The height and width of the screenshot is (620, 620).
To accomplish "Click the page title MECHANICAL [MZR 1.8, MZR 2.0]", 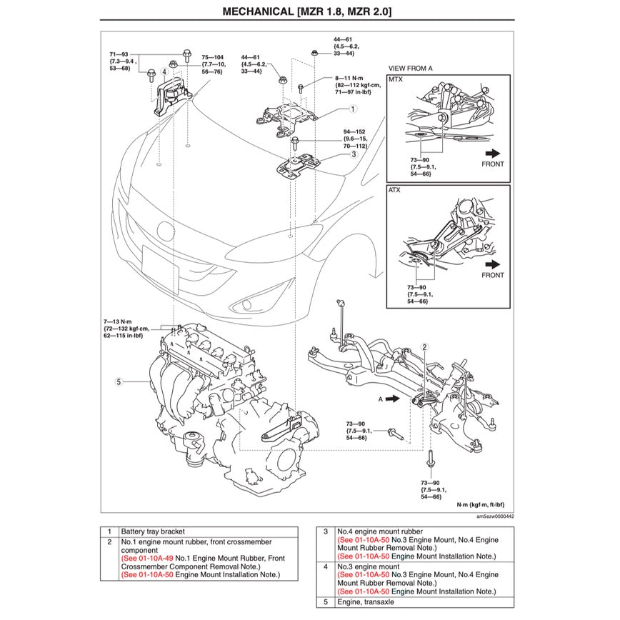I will [306, 11].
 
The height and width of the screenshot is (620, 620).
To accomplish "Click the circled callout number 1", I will [353, 110].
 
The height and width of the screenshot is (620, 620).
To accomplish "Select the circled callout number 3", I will [353, 154].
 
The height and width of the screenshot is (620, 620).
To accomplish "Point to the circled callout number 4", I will [164, 72].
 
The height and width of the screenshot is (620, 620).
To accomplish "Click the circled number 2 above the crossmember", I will [425, 346].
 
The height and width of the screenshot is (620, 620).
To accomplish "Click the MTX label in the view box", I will [396, 80].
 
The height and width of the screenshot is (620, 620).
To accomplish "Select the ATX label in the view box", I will [395, 191].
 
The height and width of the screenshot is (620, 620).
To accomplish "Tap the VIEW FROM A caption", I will [410, 68].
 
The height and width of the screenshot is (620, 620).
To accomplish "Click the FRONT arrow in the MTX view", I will [492, 153].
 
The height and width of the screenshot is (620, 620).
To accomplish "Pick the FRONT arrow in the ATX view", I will [492, 264].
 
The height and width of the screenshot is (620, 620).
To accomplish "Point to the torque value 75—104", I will [212, 56].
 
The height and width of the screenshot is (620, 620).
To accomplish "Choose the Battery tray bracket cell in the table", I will [152, 532].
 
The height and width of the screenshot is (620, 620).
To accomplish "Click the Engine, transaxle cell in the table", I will [369, 603].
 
